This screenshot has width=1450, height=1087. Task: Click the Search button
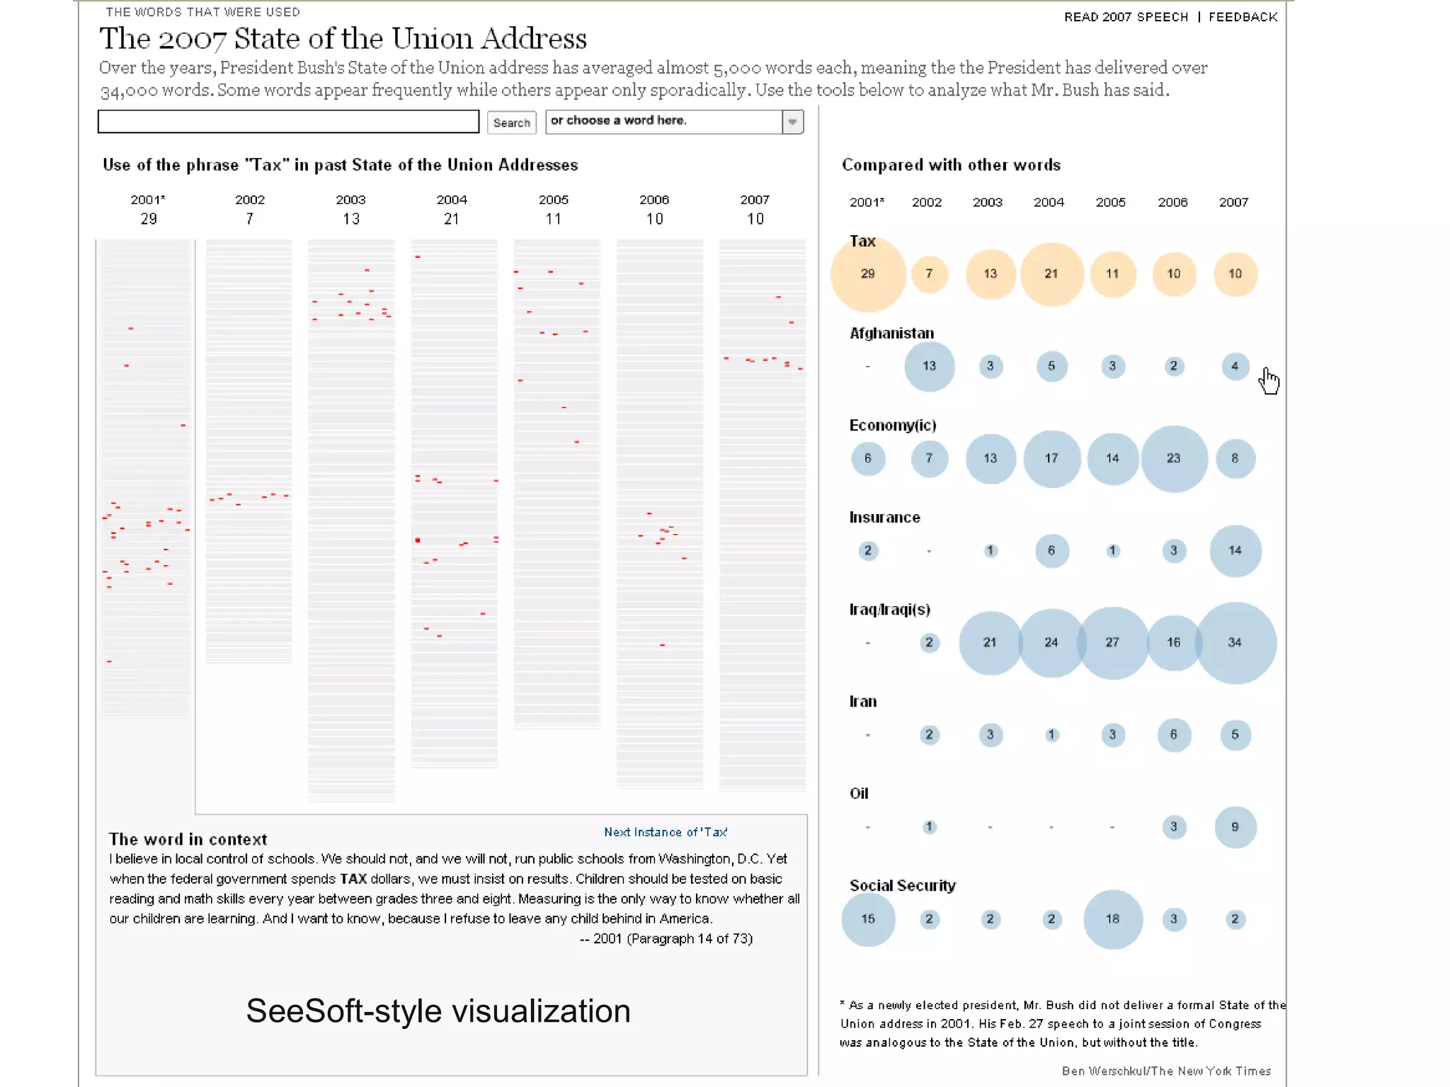point(511,123)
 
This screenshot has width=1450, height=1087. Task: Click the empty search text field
point(288,121)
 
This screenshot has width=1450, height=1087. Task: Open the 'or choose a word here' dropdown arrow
point(792,122)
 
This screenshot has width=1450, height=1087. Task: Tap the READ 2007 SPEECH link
point(1126,17)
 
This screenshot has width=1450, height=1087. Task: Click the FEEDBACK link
point(1243,17)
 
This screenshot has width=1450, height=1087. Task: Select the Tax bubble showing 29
point(868,274)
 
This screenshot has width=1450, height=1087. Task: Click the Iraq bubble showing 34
point(1235,642)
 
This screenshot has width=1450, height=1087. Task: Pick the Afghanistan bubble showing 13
point(929,366)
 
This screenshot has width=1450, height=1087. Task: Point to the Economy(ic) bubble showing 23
point(1173,458)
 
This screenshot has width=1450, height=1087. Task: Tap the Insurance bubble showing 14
point(1235,550)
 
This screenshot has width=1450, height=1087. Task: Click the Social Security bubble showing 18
point(1112,918)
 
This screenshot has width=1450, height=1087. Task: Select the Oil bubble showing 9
point(1235,826)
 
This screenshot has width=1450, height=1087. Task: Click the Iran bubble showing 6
point(1173,734)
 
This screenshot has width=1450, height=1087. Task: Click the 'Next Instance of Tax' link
point(665,832)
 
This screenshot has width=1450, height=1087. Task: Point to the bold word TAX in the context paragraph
point(353,879)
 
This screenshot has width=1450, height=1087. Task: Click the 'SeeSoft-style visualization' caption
point(438,1011)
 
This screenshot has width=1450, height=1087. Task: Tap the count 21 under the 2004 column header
point(452,219)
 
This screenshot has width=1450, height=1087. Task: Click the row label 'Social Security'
point(902,885)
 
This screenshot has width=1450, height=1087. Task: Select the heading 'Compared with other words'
point(951,165)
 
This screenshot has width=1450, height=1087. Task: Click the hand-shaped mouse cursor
point(1269,380)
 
